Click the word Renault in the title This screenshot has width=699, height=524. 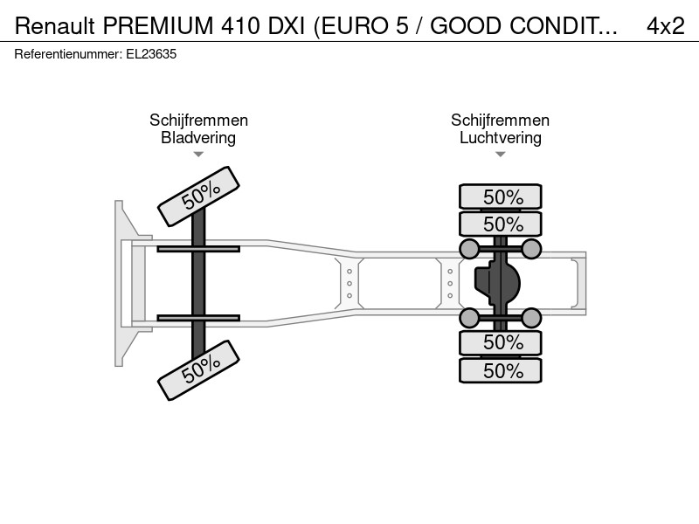click(55, 26)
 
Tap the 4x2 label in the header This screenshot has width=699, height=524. click(666, 26)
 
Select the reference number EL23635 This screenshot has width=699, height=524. click(151, 54)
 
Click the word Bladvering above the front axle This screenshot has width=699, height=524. click(198, 138)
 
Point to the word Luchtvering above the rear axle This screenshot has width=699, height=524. click(500, 138)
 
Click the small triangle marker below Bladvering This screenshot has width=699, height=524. click(198, 155)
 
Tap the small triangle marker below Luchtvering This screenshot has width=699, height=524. click(500, 155)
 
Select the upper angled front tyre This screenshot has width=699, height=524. click(199, 196)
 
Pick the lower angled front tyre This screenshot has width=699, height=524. click(199, 370)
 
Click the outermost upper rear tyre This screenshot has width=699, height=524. click(500, 196)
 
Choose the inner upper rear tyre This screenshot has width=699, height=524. click(500, 224)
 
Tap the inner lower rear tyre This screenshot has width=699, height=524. click(500, 342)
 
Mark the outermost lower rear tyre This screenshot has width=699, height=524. click(500, 370)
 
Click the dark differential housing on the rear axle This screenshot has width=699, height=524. click(497, 283)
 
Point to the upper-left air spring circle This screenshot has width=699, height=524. click(469, 249)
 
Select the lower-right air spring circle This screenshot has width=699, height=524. click(531, 318)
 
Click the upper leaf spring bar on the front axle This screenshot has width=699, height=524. click(198, 249)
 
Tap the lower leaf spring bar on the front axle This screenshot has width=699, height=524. click(198, 318)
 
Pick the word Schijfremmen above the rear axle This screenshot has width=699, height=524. click(500, 121)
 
